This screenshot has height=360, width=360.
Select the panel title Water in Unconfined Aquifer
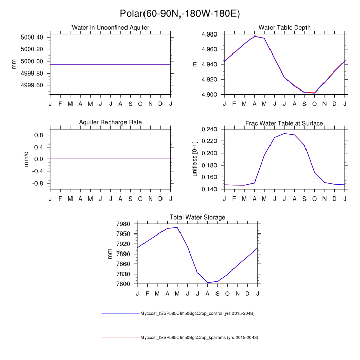pos(110,27)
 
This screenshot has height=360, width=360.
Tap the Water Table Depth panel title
pos(284,27)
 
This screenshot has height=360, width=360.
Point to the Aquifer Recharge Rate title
pos(110,123)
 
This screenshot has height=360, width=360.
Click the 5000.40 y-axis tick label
pos(32,37)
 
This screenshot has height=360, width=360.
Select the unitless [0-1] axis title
pos(195,158)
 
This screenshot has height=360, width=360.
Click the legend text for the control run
pos(198,313)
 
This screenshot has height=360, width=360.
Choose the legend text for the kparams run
pos(199,338)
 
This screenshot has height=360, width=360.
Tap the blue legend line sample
pos(120,313)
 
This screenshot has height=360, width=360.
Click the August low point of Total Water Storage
pos(208,283)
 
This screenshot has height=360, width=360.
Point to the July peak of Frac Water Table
pos(284,133)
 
